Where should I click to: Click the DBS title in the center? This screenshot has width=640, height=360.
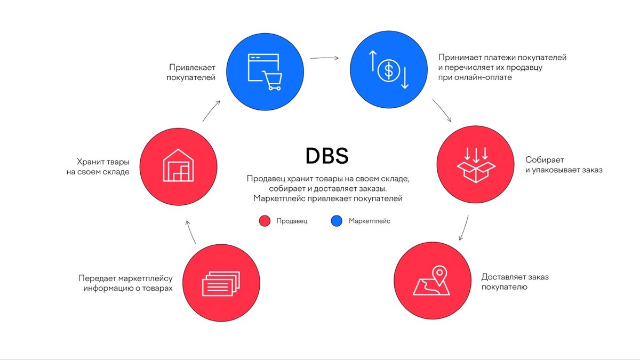(x=327, y=156)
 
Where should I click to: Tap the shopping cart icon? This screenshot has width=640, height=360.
(x=273, y=81)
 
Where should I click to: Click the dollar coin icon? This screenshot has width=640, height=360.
(x=389, y=70)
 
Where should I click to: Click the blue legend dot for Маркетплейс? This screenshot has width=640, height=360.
(x=336, y=221)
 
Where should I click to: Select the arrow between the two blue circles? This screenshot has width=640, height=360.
(x=326, y=57)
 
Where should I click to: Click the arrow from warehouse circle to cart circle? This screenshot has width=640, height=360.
(x=211, y=110)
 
